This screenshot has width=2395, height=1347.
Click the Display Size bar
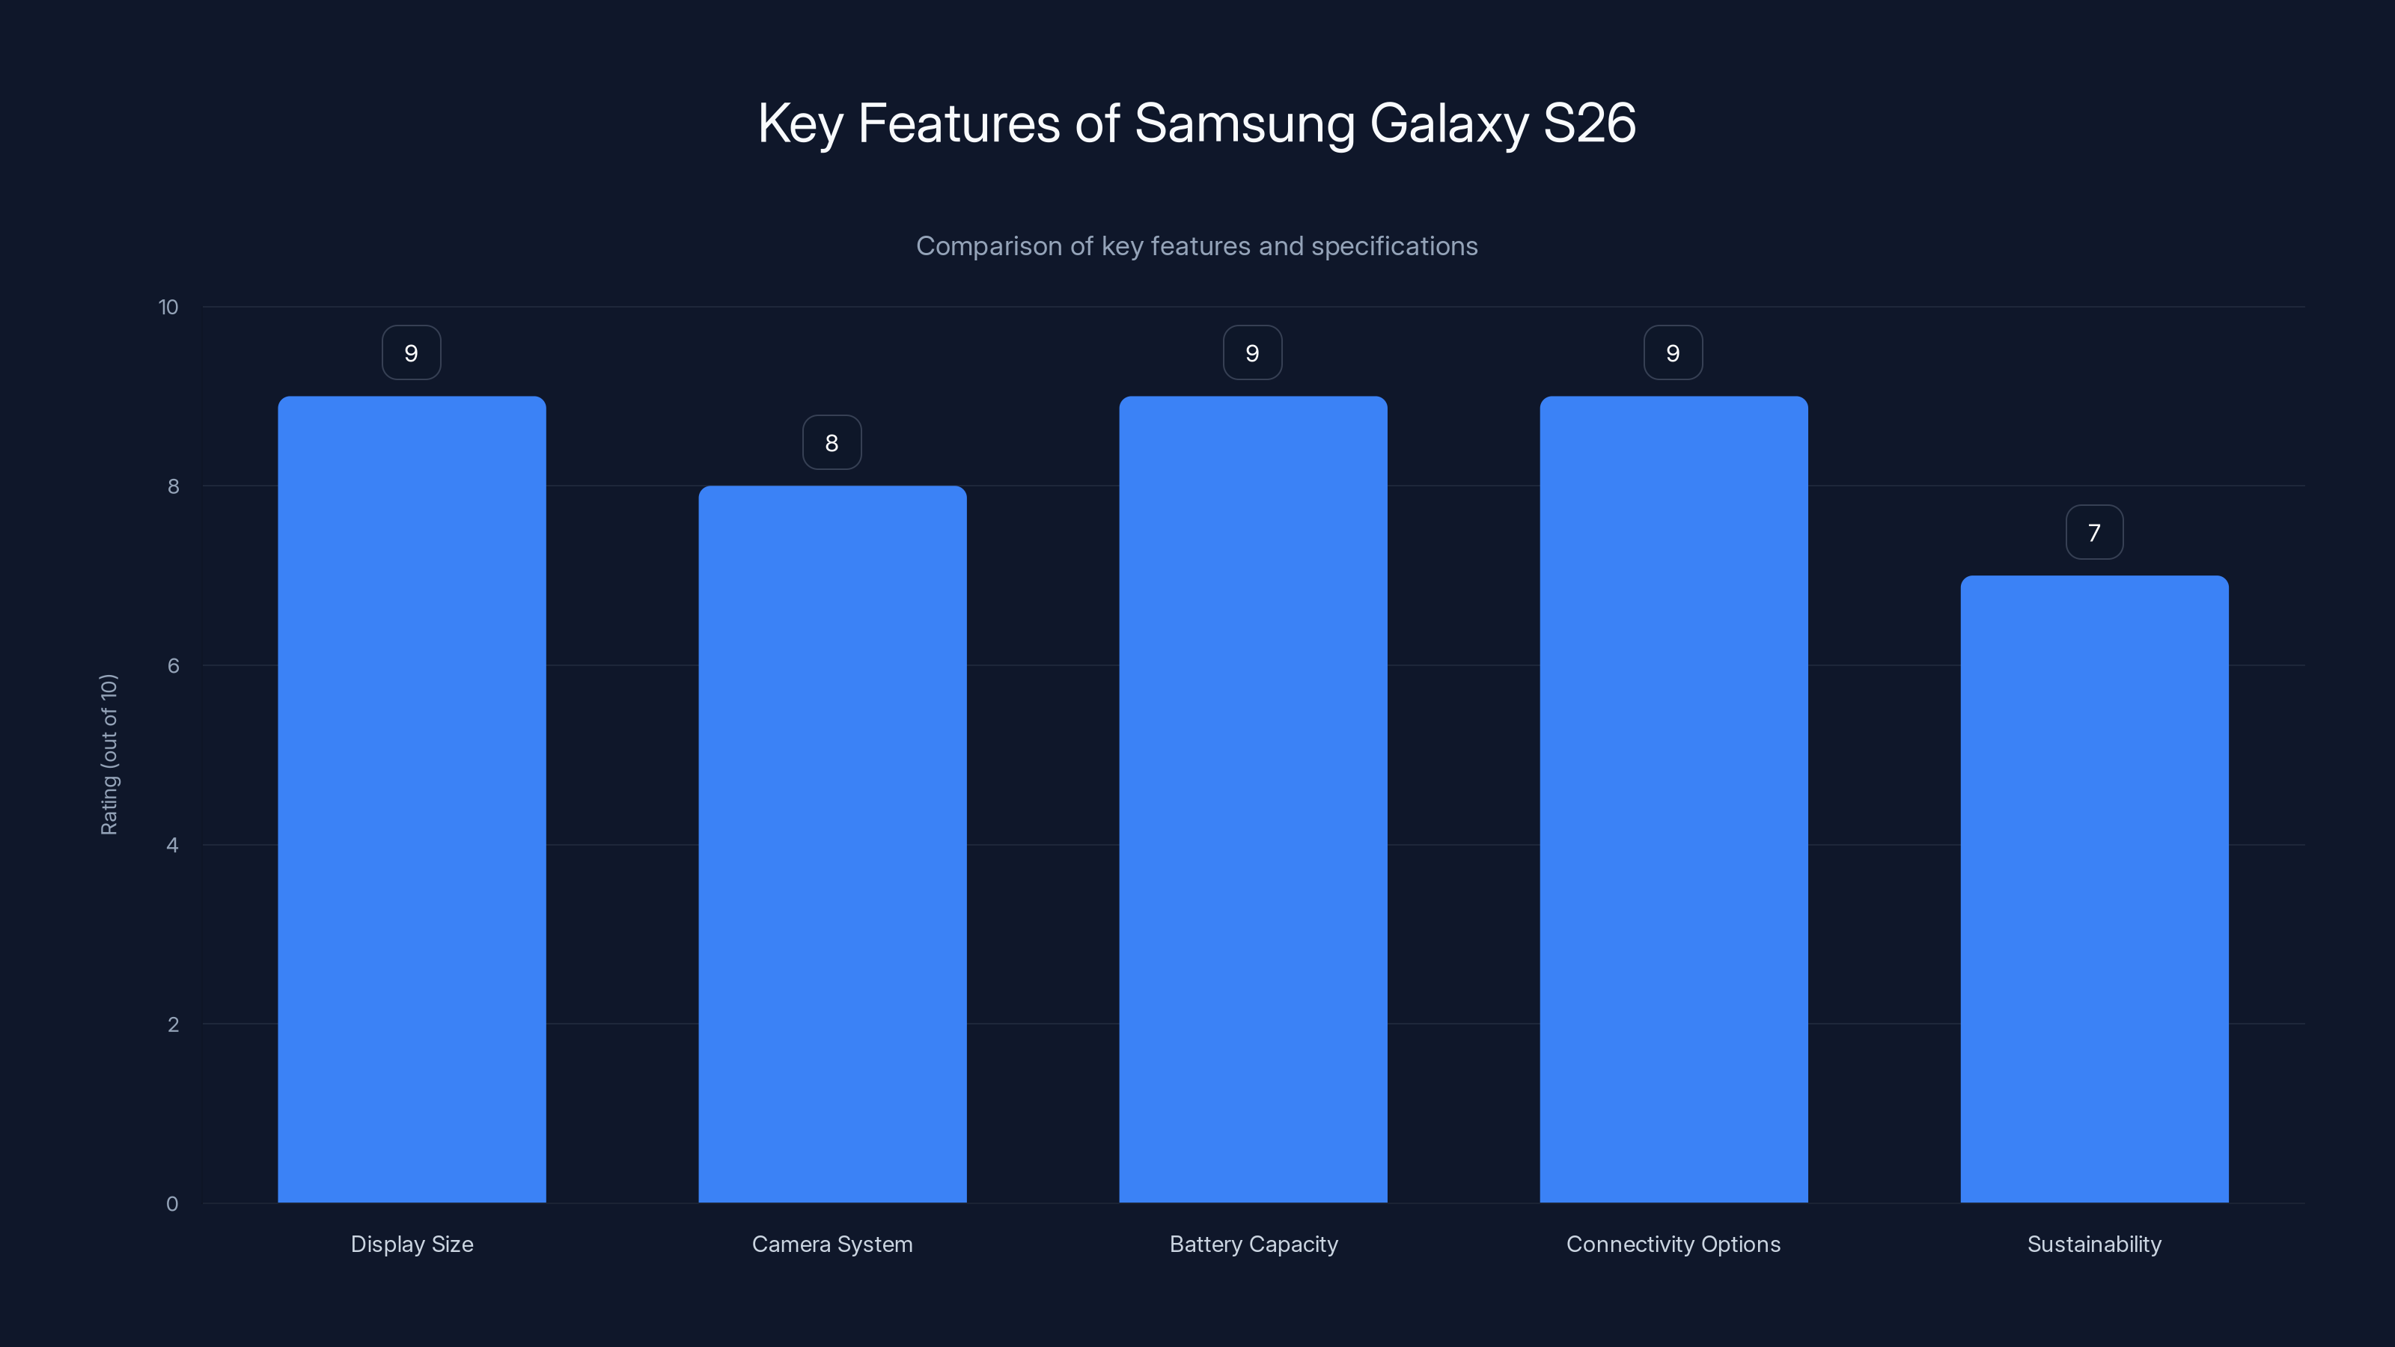coord(412,799)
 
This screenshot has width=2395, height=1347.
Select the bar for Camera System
coord(832,844)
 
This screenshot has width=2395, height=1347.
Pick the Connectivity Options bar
coord(1674,799)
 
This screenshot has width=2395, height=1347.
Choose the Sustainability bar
coord(2094,889)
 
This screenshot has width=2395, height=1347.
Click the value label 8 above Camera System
coord(832,442)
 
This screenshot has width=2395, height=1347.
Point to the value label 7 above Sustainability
coord(2094,533)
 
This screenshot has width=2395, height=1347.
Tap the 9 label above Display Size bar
coord(411,353)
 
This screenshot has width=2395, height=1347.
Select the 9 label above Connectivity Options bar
coord(1673,353)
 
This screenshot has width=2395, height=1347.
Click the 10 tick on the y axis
coord(168,307)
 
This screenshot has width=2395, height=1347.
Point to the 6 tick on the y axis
coord(173,665)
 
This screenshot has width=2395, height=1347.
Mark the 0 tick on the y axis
coord(172,1204)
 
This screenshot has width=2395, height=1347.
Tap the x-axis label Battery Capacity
coord(1254,1244)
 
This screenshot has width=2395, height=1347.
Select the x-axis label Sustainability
coord(2094,1244)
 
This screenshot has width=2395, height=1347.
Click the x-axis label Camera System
coord(832,1244)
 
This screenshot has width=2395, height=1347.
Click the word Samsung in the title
coord(1244,123)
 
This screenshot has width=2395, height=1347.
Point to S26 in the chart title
coord(1589,123)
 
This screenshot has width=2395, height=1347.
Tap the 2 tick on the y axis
coord(173,1024)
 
